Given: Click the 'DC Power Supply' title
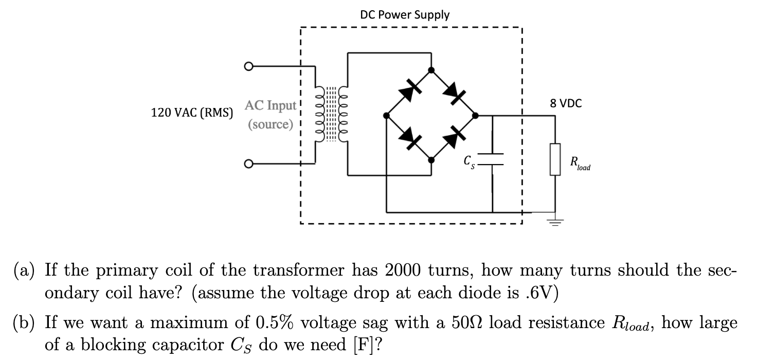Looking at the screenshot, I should point(405,14).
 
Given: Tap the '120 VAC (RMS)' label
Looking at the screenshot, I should point(192,113).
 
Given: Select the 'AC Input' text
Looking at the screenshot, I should point(271,106).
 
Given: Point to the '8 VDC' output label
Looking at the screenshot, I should point(566,103).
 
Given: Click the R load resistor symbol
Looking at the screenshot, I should point(555,159).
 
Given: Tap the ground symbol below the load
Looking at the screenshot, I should point(555,222).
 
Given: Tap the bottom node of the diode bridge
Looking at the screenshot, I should point(431,160).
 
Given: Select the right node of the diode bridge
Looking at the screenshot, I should point(476,116).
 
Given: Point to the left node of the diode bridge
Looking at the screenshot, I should point(386,116).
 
